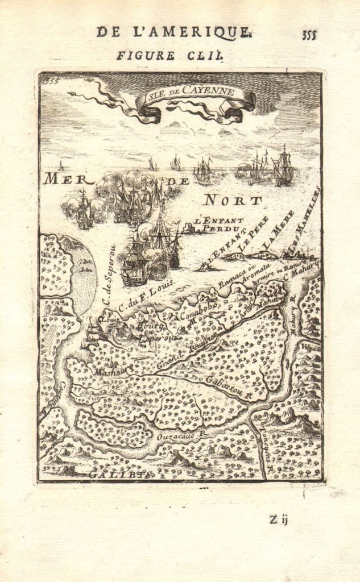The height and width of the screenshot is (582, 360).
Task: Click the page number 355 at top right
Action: (x=309, y=34)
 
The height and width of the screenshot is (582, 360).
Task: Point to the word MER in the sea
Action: (x=68, y=180)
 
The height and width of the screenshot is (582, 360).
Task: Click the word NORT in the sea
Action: (x=233, y=200)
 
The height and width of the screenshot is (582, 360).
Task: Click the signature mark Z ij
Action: (x=280, y=519)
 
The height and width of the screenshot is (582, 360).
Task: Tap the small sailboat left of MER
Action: (x=61, y=165)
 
